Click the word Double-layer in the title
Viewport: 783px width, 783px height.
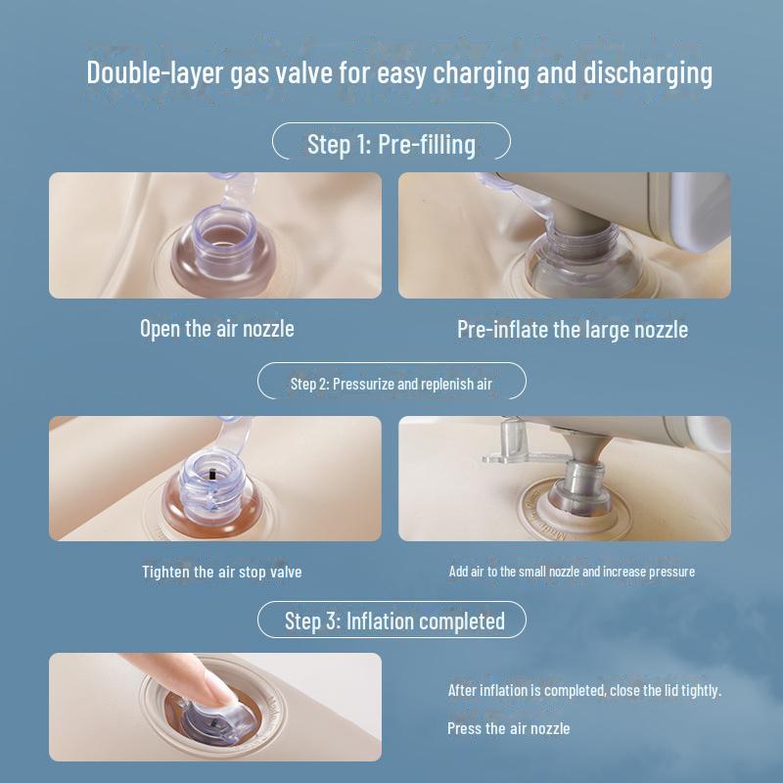pyautogui.click(x=155, y=72)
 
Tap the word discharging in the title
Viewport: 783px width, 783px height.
pyautogui.click(x=648, y=72)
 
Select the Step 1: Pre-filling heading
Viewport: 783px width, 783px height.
pyautogui.click(x=391, y=144)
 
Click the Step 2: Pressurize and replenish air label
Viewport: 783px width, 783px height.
pyautogui.click(x=391, y=384)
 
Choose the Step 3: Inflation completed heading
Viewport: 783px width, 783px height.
pyautogui.click(x=394, y=622)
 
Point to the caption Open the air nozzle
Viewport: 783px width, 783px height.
pyautogui.click(x=217, y=329)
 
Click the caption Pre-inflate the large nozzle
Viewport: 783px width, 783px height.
pyautogui.click(x=573, y=330)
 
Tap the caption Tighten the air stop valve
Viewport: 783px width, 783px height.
pyautogui.click(x=222, y=572)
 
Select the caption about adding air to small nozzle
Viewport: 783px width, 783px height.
pyautogui.click(x=572, y=572)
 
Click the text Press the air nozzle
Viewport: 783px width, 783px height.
pyautogui.click(x=508, y=728)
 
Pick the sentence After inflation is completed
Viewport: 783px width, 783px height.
pyautogui.click(x=584, y=691)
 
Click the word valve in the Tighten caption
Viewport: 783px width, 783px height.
pyautogui.click(x=286, y=572)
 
